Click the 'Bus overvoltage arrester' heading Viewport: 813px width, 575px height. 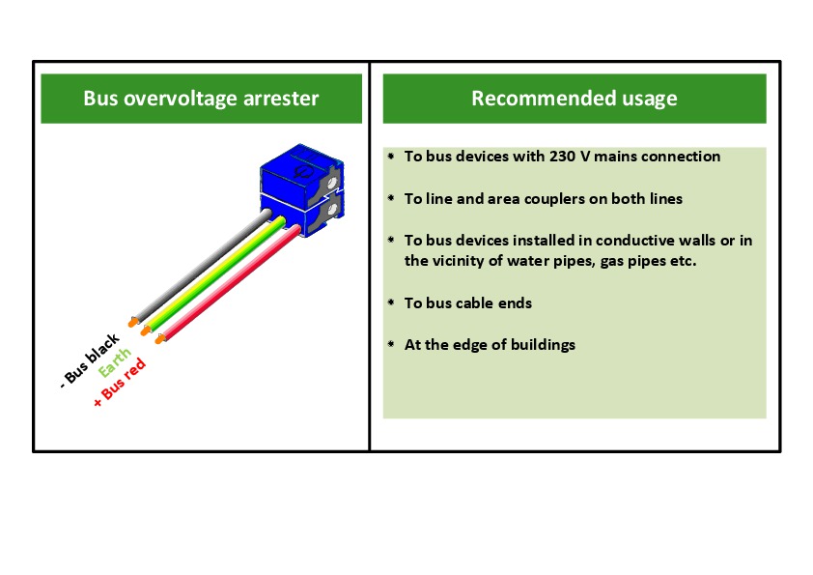coord(201,99)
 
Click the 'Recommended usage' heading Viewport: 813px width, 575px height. coord(574,99)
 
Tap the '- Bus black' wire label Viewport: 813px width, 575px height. coord(90,359)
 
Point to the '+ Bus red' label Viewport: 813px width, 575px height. coord(121,381)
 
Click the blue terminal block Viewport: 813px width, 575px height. coord(300,198)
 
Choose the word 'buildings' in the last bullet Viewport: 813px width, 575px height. coord(541,345)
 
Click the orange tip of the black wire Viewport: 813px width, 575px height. coord(133,322)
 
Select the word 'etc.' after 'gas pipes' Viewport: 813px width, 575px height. coord(679,261)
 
